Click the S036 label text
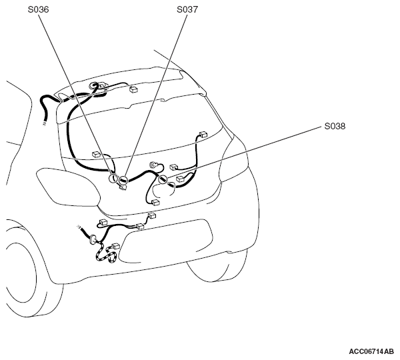[x=38, y=9]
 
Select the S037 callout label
[x=187, y=9]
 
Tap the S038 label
[x=335, y=126]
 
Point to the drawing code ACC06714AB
[x=371, y=351]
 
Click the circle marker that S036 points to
[x=113, y=179]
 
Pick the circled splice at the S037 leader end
[x=123, y=181]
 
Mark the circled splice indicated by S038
[x=163, y=179]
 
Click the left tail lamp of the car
[x=67, y=187]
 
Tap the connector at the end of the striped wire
[x=115, y=246]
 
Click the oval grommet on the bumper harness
[x=93, y=239]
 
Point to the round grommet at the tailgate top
[x=93, y=86]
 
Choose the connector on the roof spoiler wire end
[x=133, y=89]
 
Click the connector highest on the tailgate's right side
[x=203, y=134]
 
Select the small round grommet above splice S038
[x=153, y=165]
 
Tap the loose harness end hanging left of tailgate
[x=45, y=124]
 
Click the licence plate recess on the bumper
[x=166, y=241]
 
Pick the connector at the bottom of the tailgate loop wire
[x=155, y=203]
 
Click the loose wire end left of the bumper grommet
[x=79, y=227]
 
